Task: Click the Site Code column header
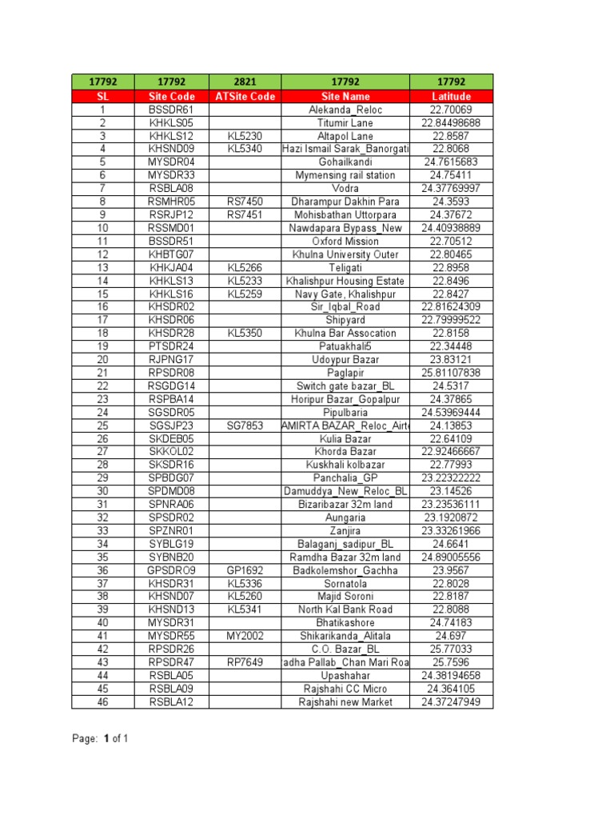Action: (172, 97)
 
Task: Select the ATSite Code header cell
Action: (245, 97)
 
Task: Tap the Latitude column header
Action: (452, 97)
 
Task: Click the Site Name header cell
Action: (345, 97)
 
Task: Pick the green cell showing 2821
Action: (245, 82)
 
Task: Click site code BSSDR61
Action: (172, 110)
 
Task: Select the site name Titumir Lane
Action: (345, 123)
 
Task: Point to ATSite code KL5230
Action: (245, 136)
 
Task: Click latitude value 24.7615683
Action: (452, 162)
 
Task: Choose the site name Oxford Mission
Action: (345, 241)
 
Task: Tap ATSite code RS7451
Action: (245, 214)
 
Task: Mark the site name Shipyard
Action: (345, 320)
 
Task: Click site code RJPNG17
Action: (172, 359)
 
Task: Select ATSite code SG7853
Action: (245, 425)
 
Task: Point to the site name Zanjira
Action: (345, 530)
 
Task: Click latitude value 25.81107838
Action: (452, 373)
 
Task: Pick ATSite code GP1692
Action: (245, 570)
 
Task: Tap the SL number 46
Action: (102, 701)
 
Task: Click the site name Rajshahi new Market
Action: (345, 701)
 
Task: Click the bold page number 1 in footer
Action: (106, 739)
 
